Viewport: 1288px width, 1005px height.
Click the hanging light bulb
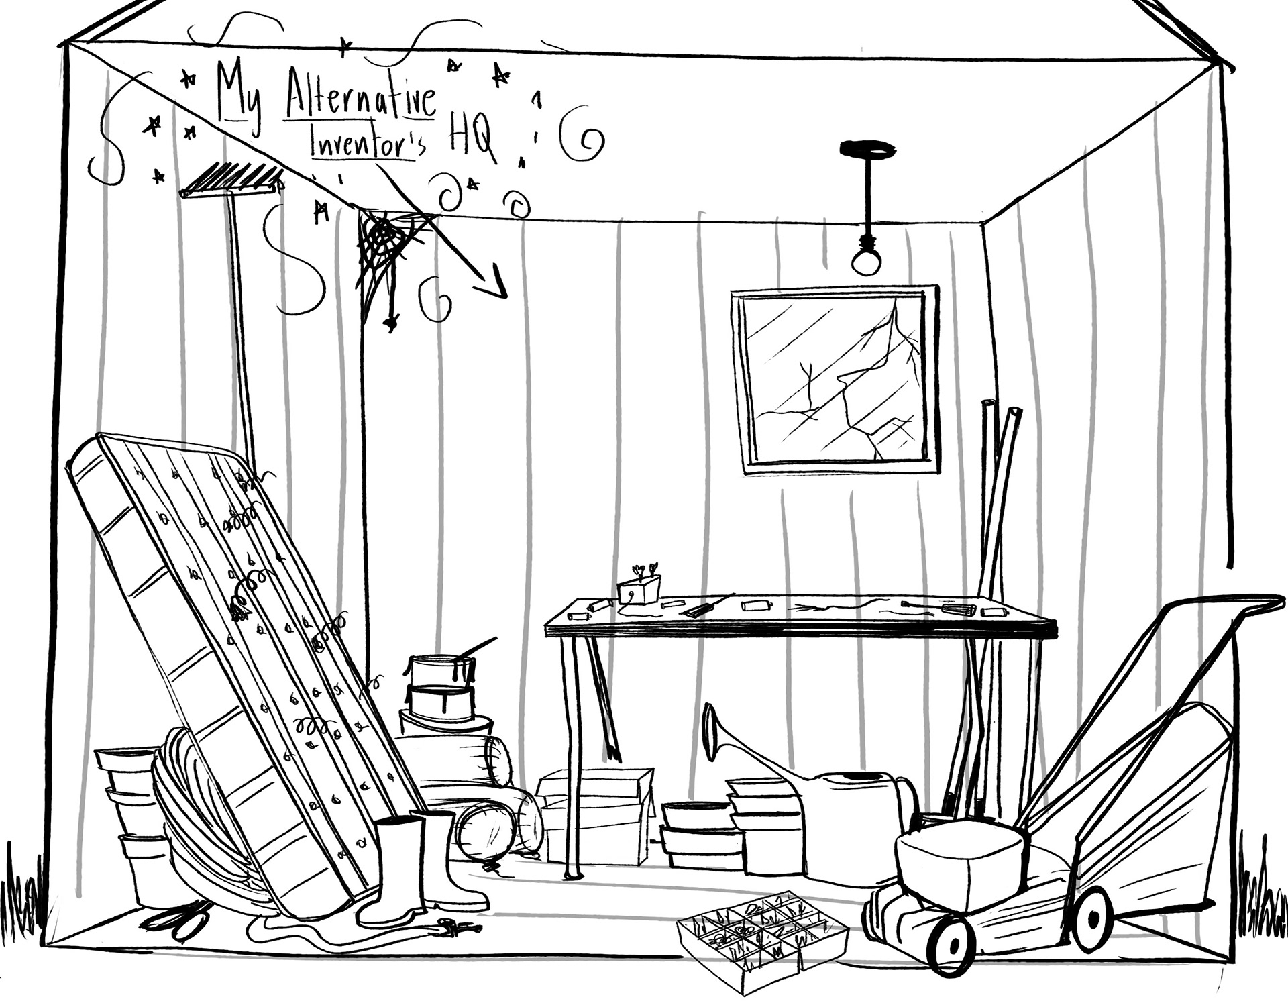(866, 262)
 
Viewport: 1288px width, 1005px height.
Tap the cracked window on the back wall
(835, 379)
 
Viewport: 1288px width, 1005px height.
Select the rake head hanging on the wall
(231, 179)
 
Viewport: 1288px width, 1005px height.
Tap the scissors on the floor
(178, 919)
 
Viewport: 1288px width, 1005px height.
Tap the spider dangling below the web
(390, 324)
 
